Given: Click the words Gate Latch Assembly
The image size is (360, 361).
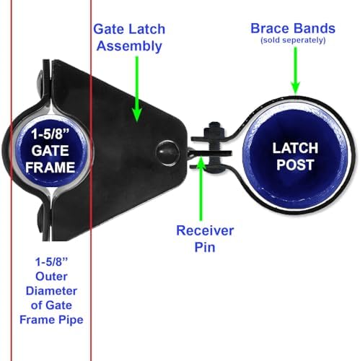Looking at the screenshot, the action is click(x=129, y=38).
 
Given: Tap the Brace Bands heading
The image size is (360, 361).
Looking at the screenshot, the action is click(x=293, y=28).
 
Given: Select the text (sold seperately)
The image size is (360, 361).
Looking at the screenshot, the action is click(x=293, y=40).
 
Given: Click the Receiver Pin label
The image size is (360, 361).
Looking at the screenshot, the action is click(x=205, y=239).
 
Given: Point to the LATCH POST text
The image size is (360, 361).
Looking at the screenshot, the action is click(x=295, y=157).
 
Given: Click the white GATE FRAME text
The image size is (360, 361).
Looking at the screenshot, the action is click(x=51, y=159).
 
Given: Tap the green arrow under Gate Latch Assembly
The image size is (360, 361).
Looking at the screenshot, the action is click(x=137, y=89).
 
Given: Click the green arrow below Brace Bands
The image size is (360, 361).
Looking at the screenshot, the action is click(x=296, y=70).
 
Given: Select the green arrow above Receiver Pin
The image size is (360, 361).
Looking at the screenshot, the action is click(x=201, y=188).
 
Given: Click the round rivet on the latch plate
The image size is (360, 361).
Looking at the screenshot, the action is click(x=167, y=153).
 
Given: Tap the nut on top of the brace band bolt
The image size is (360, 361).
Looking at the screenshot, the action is click(x=214, y=130).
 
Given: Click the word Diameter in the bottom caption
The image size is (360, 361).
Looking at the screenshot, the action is click(x=51, y=291).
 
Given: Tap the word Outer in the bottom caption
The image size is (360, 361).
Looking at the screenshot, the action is click(x=51, y=277).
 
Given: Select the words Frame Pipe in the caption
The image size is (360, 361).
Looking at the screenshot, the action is click(x=51, y=320).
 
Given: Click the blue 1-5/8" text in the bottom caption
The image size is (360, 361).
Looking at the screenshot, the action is click(x=51, y=262).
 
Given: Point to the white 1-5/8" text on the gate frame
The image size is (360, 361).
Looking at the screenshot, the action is click(x=51, y=134).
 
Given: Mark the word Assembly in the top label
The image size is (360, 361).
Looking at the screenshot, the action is click(x=129, y=46).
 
